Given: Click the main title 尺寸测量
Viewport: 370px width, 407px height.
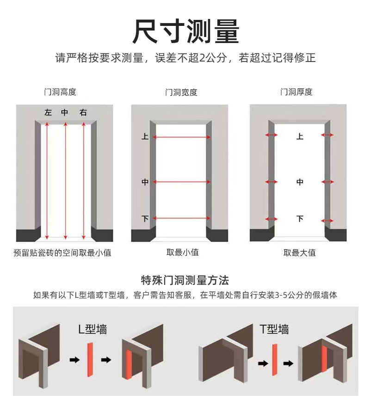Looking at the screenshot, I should pos(185,31).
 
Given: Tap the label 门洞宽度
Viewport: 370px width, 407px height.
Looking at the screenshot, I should pos(181,92).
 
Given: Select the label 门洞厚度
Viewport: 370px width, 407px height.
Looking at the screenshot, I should pos(296,92).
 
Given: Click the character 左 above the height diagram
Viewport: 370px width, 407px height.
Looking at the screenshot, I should pos(48,112).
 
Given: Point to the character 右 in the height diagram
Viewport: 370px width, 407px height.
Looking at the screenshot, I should pos(83,112).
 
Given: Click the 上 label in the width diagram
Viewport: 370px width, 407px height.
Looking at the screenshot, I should pos(145,137).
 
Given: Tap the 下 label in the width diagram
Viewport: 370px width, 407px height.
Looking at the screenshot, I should pos(145,218).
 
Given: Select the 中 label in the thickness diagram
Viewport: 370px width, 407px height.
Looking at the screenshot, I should pos(300,182).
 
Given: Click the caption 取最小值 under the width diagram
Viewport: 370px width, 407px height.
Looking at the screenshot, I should pos(182,253).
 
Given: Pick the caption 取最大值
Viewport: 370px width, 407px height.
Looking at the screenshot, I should pos(299,253).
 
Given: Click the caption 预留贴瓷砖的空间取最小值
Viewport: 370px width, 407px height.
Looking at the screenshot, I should pos(62,253).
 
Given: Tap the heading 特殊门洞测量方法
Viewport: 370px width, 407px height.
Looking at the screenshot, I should pos(185,280).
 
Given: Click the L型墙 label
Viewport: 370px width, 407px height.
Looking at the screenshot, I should pos(92,329).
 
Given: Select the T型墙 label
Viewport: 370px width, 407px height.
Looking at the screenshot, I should pos(274,329).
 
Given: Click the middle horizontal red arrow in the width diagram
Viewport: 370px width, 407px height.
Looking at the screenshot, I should pos(182,182).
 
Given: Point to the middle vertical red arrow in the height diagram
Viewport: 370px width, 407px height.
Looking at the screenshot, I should pos(65,180).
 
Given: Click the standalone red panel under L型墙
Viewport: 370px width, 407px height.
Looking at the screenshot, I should pos(90,360).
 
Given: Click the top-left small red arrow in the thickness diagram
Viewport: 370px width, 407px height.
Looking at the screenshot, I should pos(271,135).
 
